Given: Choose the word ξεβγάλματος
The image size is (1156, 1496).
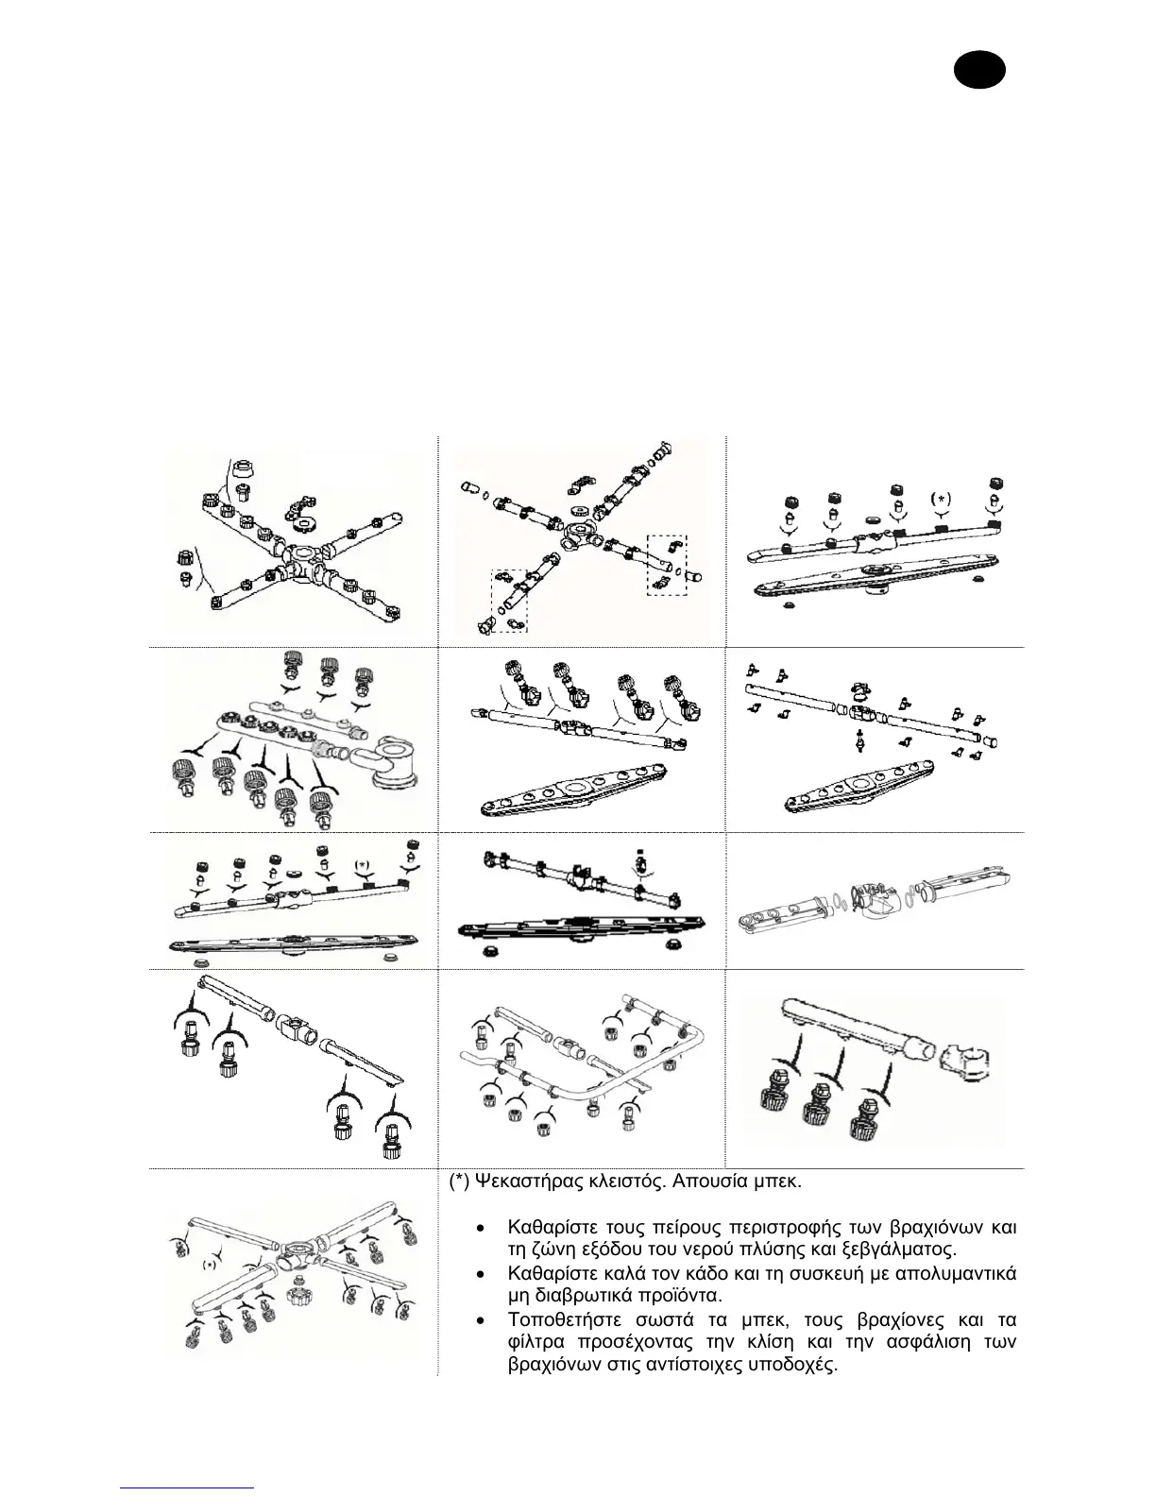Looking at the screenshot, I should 901,1250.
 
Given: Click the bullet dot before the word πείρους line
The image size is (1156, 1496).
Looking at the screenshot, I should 482,1229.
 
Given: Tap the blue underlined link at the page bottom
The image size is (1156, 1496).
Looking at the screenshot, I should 188,1487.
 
